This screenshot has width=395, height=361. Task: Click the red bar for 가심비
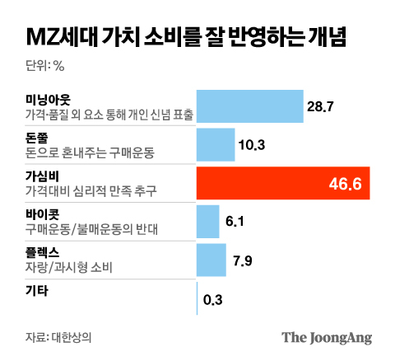[283, 183]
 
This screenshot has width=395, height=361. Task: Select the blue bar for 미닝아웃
[250, 106]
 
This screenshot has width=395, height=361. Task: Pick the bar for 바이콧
[208, 221]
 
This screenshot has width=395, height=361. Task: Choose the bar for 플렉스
[211, 260]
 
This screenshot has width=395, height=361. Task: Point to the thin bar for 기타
[197, 298]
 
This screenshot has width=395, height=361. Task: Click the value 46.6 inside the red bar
[346, 183]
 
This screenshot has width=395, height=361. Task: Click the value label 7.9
[244, 260]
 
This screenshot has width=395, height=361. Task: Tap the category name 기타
[37, 290]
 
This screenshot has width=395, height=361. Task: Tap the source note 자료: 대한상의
[58, 337]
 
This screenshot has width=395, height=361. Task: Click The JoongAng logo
[327, 337]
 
